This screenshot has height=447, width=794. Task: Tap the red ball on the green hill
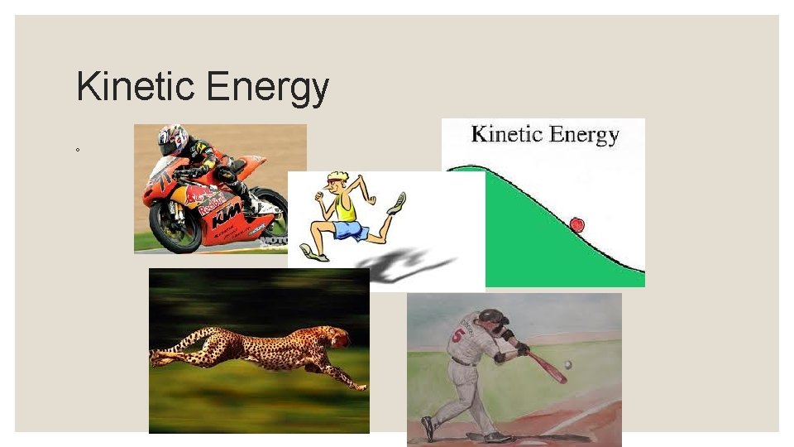[x=576, y=224]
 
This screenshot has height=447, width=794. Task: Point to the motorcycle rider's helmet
[x=173, y=138]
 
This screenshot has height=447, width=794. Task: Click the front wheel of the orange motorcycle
[x=175, y=224]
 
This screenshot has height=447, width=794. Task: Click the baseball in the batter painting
[x=567, y=364]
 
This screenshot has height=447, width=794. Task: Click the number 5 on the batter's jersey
[x=458, y=336]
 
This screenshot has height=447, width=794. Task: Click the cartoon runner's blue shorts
[x=351, y=230]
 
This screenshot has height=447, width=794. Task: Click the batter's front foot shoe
[x=427, y=427]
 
